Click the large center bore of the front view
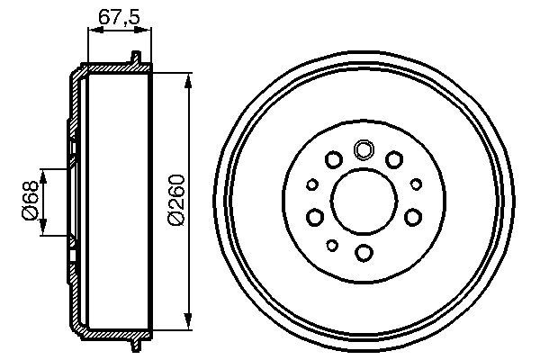(364, 200)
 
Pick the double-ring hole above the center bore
(364, 149)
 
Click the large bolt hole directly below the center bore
(364, 251)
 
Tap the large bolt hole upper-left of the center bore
(333, 160)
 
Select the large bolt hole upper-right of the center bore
(394, 160)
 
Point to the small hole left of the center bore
(312, 184)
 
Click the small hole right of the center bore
(416, 184)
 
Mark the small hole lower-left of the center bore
(332, 245)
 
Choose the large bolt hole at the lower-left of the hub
(315, 217)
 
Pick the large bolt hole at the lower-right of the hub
(412, 217)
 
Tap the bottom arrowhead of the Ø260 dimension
(188, 321)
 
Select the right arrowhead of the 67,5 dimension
(147, 30)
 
